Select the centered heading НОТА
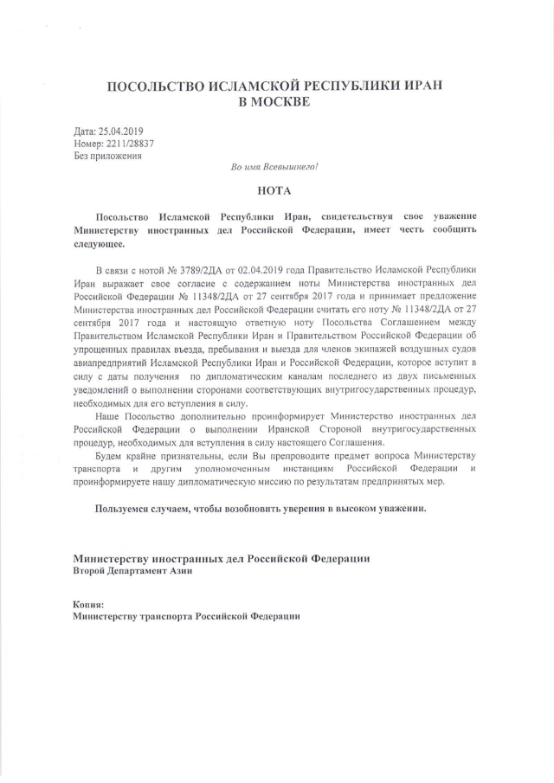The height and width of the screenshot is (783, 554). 274,189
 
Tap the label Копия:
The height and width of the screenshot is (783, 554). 89,603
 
